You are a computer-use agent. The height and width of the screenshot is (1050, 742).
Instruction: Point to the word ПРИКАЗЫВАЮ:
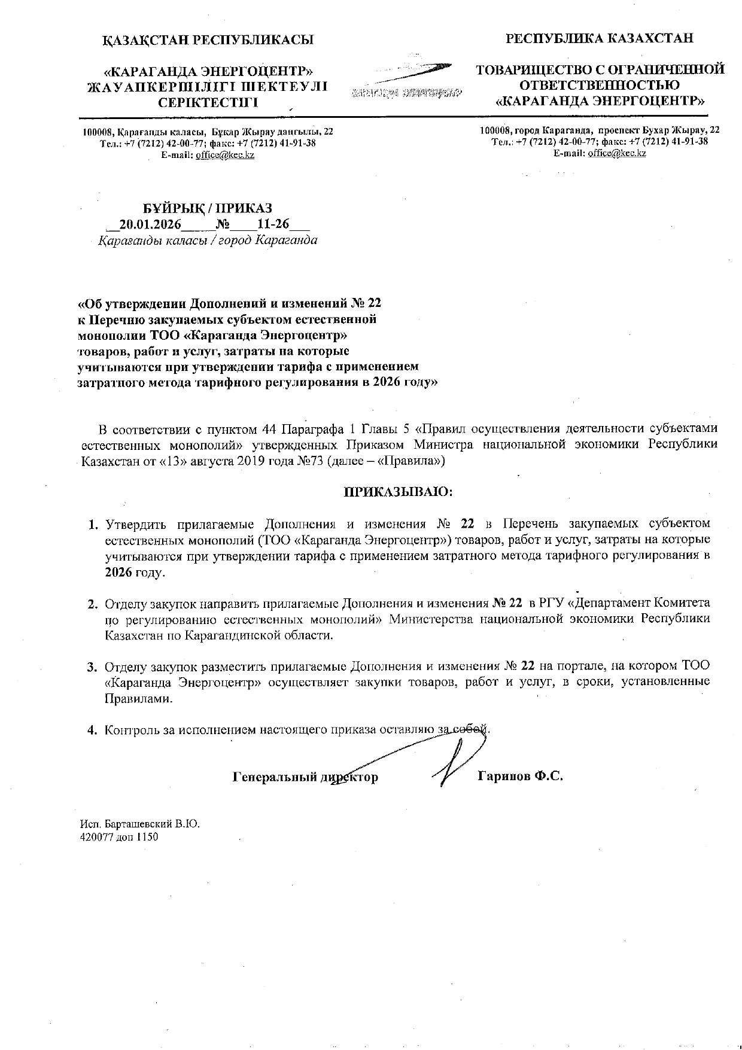click(x=397, y=492)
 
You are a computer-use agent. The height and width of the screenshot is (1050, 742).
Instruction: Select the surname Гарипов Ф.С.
click(x=521, y=777)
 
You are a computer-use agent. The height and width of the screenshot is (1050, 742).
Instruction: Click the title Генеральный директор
click(x=305, y=777)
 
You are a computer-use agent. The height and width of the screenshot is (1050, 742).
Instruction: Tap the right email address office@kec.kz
click(x=617, y=153)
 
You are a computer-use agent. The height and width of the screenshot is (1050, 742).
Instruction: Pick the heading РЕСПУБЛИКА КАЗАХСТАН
click(x=600, y=38)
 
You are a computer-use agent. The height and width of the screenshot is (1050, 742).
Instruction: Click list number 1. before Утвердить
click(x=93, y=525)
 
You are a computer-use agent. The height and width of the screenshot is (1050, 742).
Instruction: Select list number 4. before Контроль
click(x=93, y=730)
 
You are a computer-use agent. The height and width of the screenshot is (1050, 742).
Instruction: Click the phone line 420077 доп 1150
click(x=119, y=837)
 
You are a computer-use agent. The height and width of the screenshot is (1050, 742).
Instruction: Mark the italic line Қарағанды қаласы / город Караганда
click(x=208, y=241)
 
